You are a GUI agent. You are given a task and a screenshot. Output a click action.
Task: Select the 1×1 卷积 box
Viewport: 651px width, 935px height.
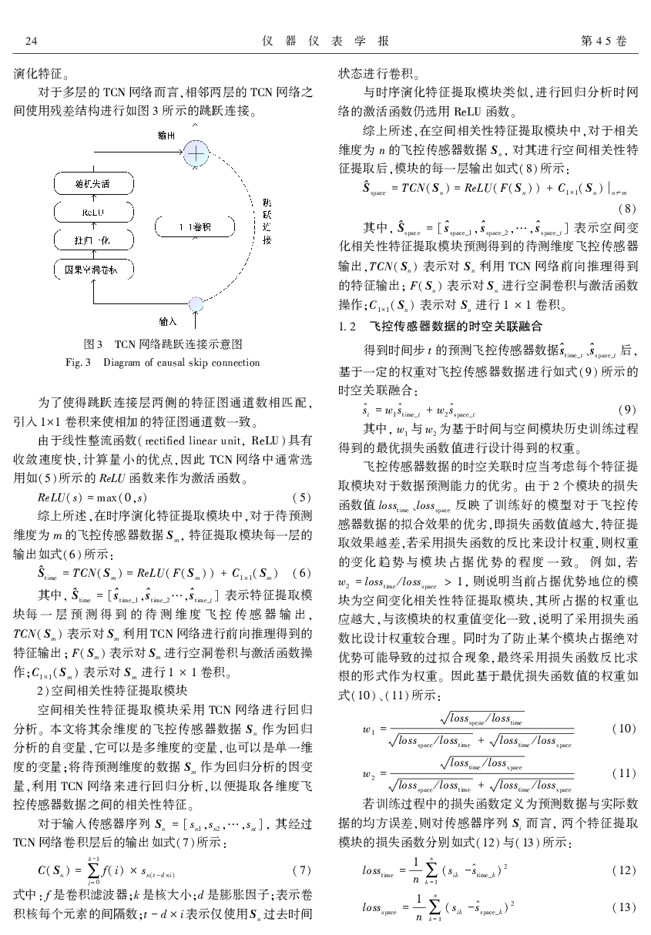190,226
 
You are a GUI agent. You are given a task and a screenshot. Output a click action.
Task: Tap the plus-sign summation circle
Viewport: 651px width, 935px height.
196,154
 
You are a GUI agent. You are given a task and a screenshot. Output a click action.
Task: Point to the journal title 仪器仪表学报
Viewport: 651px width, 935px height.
325,40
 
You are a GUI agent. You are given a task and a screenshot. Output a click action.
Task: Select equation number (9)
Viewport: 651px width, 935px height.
628,410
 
